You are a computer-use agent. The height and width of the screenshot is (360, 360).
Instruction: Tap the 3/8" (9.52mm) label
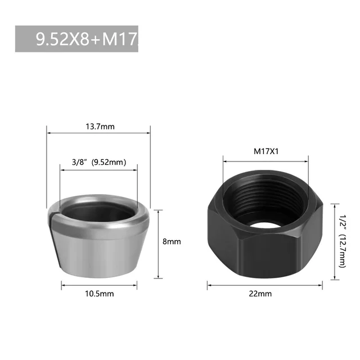tap(98, 163)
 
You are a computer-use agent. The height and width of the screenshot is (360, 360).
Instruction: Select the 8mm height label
tap(172, 241)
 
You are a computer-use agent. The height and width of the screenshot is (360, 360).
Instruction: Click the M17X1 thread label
tap(266, 151)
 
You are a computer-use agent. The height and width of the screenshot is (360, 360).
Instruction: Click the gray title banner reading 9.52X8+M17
tap(76, 39)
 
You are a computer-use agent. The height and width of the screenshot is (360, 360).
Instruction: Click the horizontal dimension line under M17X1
tap(266, 160)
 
